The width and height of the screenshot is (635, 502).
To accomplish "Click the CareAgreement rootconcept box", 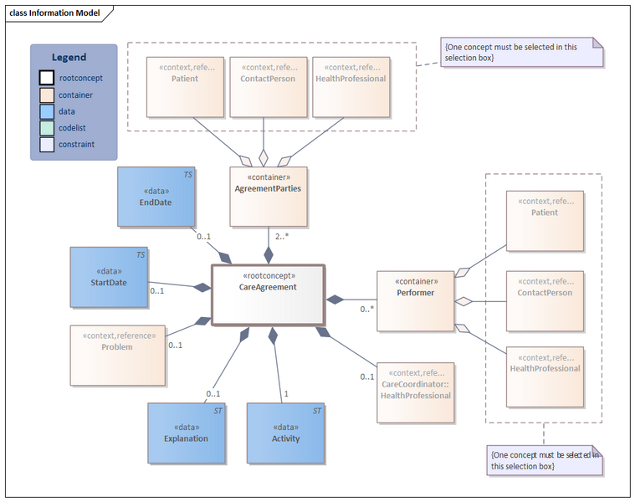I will click(268, 295).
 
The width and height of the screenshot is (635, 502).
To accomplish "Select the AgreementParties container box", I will click(269, 197).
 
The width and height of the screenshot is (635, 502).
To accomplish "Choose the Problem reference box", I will click(116, 355).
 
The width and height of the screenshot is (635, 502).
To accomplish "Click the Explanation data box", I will click(186, 433).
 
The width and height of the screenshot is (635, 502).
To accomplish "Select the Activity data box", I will click(285, 433).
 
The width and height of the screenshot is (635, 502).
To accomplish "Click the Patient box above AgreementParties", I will click(185, 87).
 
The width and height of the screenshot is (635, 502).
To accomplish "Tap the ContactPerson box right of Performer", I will click(545, 300).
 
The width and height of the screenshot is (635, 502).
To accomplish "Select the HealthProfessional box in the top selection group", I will click(351, 87).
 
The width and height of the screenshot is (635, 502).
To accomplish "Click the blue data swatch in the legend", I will click(47, 111).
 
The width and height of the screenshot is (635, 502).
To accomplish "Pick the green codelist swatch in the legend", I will click(47, 128).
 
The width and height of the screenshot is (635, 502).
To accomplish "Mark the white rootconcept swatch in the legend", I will click(47, 79).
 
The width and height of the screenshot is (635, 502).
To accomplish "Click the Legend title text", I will click(69, 58).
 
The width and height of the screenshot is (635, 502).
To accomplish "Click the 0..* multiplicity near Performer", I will click(366, 309).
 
